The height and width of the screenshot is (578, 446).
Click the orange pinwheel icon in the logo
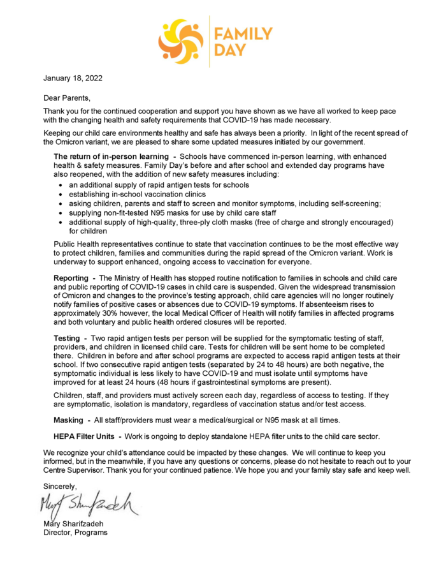(181, 40)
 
